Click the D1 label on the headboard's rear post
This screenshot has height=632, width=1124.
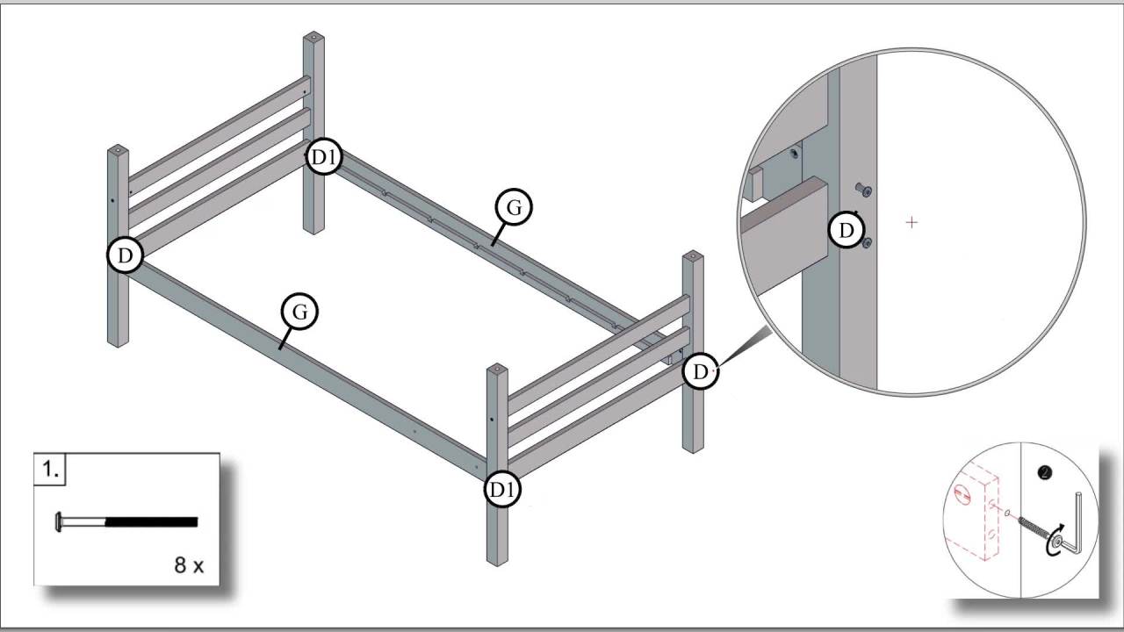tap(323, 158)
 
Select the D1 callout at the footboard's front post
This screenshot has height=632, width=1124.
tap(502, 489)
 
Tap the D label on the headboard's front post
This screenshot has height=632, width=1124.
tap(126, 255)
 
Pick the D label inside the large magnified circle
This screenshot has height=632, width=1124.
tap(847, 231)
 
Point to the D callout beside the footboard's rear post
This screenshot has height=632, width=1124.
tap(700, 371)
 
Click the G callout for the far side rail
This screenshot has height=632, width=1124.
tap(514, 208)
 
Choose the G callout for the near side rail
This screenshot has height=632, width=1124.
tap(299, 312)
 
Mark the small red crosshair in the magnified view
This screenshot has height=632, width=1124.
tap(911, 223)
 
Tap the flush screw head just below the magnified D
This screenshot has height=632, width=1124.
tap(867, 243)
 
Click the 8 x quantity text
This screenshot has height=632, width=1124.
tap(188, 565)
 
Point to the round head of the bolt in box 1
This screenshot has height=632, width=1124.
tap(59, 522)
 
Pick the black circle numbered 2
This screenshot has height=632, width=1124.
tap(1044, 473)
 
